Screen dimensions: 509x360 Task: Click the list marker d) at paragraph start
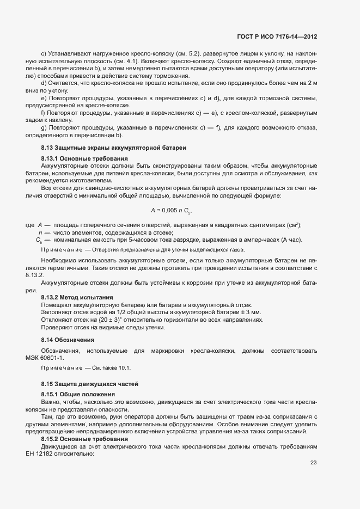point(44,82)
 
